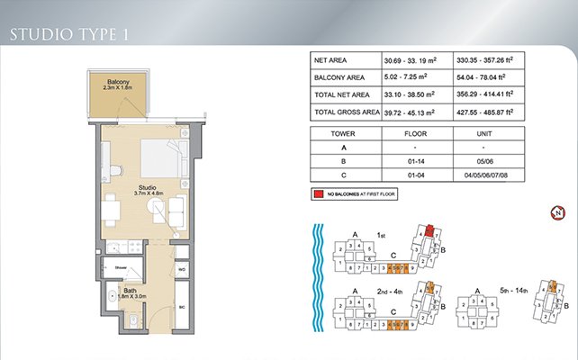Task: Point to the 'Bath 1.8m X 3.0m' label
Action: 130,293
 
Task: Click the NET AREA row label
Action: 330,59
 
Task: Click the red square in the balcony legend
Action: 319,194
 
